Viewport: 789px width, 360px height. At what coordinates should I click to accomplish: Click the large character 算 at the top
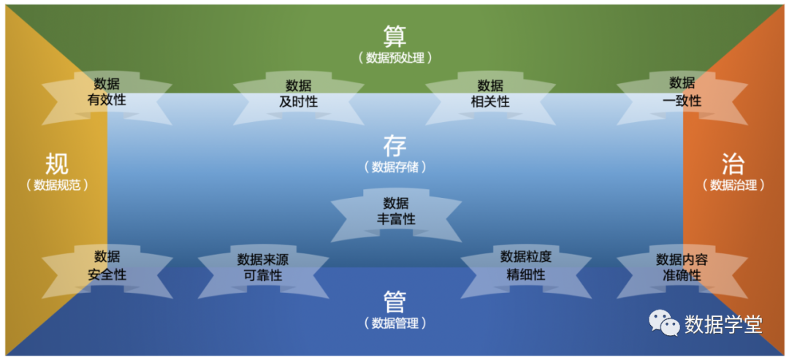[394, 35]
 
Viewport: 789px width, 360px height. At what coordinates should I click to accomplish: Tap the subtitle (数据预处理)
[394, 58]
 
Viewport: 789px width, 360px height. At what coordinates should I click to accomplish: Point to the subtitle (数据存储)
[394, 167]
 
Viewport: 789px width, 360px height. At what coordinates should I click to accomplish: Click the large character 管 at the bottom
[394, 300]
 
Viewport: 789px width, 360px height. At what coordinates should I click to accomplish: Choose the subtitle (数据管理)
[394, 323]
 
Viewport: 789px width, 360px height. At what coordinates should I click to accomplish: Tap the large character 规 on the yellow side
[57, 163]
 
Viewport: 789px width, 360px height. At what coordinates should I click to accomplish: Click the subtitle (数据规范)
[57, 185]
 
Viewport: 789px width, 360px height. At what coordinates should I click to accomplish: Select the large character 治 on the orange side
[733, 163]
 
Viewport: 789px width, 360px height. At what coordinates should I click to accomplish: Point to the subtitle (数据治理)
[733, 185]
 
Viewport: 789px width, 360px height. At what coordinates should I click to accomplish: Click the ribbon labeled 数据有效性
[107, 92]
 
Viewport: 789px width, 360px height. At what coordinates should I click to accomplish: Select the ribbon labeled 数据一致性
[682, 92]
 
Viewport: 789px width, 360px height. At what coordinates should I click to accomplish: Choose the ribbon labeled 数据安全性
[107, 267]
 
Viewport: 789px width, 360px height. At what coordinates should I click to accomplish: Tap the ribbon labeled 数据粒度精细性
[526, 267]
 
